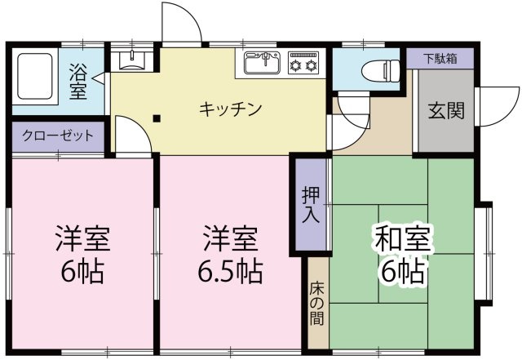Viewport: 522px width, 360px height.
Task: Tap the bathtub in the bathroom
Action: click(34, 78)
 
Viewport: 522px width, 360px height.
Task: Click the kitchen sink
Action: click(261, 63)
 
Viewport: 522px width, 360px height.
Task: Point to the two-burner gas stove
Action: click(303, 63)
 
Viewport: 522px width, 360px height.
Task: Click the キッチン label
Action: click(230, 108)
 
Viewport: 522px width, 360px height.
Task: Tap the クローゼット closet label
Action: click(57, 136)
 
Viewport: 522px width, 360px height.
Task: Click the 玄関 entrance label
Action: click(445, 109)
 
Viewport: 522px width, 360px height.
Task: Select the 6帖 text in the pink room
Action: click(82, 270)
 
